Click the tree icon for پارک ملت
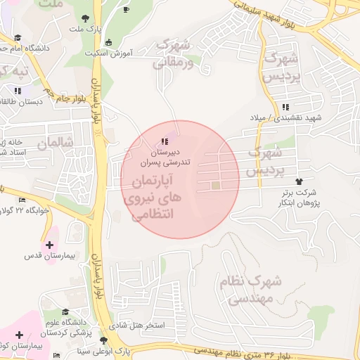pos(85,18)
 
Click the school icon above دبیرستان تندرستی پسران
pos(165,141)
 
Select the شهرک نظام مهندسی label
pos(252,289)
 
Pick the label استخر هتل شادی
pos(143,326)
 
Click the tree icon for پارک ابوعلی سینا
pos(104,340)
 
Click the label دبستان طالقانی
pos(21,101)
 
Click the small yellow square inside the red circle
pos(216,186)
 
